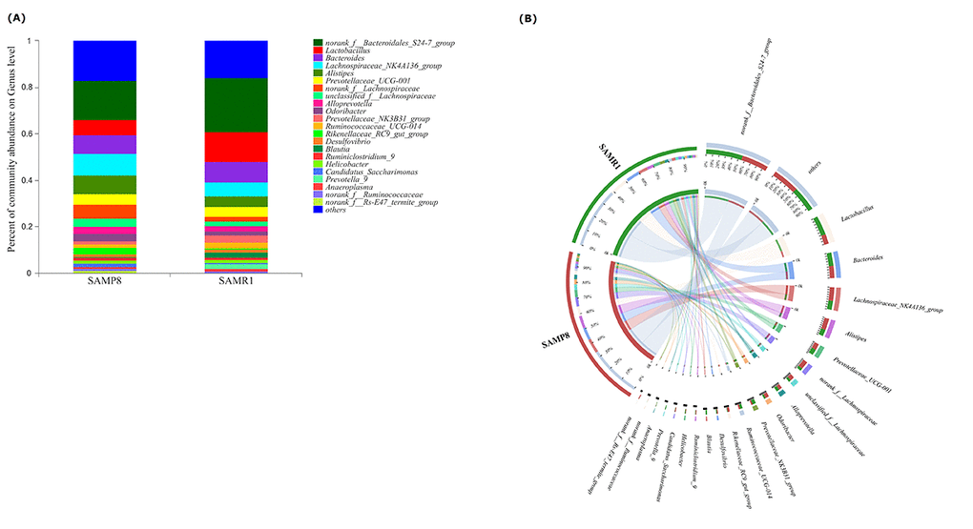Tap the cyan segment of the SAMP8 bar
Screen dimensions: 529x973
105,164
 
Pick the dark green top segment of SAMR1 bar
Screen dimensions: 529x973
237,104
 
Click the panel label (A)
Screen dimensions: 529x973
18,18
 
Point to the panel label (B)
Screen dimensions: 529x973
528,18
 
